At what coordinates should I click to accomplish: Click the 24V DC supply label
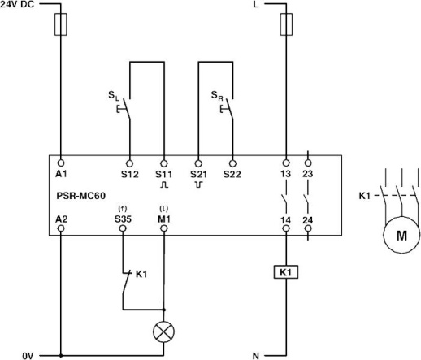point(18,6)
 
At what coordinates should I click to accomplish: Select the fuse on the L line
point(285,27)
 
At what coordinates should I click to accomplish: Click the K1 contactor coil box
point(285,273)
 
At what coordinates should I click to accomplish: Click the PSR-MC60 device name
point(80,195)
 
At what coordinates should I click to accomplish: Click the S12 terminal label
point(128,173)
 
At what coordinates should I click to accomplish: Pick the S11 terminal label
point(164,173)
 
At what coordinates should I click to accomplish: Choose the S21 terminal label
point(198,173)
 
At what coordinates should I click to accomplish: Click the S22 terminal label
point(232,173)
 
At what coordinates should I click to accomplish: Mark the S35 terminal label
point(124,219)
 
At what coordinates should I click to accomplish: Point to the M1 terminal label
point(164,219)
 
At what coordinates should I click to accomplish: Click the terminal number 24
point(307,219)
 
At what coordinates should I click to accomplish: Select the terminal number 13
point(285,173)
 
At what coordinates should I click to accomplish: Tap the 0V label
point(28,354)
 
